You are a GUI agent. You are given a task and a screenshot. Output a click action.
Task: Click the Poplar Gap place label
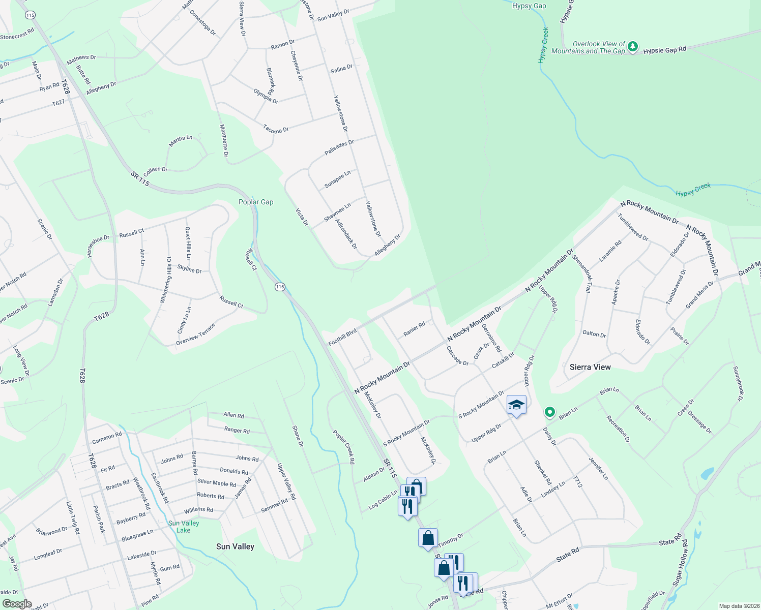pos(256,202)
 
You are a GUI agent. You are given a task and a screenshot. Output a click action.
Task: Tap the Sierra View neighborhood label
pos(590,367)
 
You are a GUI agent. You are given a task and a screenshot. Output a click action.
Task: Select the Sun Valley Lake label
pos(184,527)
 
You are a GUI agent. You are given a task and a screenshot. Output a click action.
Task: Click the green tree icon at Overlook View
pos(632,47)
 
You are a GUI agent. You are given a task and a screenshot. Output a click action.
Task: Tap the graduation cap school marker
pos(516,405)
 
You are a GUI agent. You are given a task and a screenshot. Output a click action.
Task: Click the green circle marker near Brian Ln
pos(549,412)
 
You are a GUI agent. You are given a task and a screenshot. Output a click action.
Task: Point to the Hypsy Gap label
pos(529,6)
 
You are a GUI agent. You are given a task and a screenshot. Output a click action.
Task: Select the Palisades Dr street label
pos(339,148)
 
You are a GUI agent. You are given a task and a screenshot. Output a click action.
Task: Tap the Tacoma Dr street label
pos(276,130)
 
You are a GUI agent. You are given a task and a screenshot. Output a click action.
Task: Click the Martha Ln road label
pos(181,141)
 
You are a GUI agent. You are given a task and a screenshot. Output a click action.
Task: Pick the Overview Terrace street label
pos(196,334)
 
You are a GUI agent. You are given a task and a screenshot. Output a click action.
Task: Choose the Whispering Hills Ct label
pos(166,280)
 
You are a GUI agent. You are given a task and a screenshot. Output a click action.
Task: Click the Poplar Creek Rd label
pos(343,447)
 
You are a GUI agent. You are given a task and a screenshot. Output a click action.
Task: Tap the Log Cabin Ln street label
pos(383,500)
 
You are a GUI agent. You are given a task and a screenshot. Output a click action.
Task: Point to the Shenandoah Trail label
pos(582,273)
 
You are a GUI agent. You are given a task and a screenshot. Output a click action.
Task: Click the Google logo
pos(17,603)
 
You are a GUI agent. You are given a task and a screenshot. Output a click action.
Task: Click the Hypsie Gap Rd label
pos(664,50)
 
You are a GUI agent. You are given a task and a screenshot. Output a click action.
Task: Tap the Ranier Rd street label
pos(414,329)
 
